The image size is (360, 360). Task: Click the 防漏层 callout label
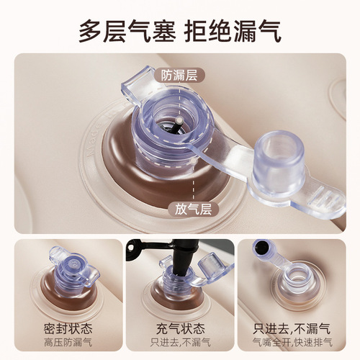click(179, 76)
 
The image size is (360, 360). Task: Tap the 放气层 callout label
click(193, 209)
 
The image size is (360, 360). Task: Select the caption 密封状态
click(68, 329)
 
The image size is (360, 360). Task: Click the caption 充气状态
click(181, 329)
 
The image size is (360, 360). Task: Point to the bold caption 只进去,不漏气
click(292, 329)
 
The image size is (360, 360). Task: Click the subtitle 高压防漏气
click(68, 343)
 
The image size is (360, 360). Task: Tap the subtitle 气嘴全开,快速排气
click(292, 343)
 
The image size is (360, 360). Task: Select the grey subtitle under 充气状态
click(181, 343)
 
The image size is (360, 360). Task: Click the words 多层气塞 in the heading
click(127, 32)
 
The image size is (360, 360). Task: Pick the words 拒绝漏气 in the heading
click(233, 32)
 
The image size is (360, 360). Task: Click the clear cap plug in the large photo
click(279, 161)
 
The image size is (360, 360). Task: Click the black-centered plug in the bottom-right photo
click(262, 250)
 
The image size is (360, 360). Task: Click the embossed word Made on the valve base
click(92, 141)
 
